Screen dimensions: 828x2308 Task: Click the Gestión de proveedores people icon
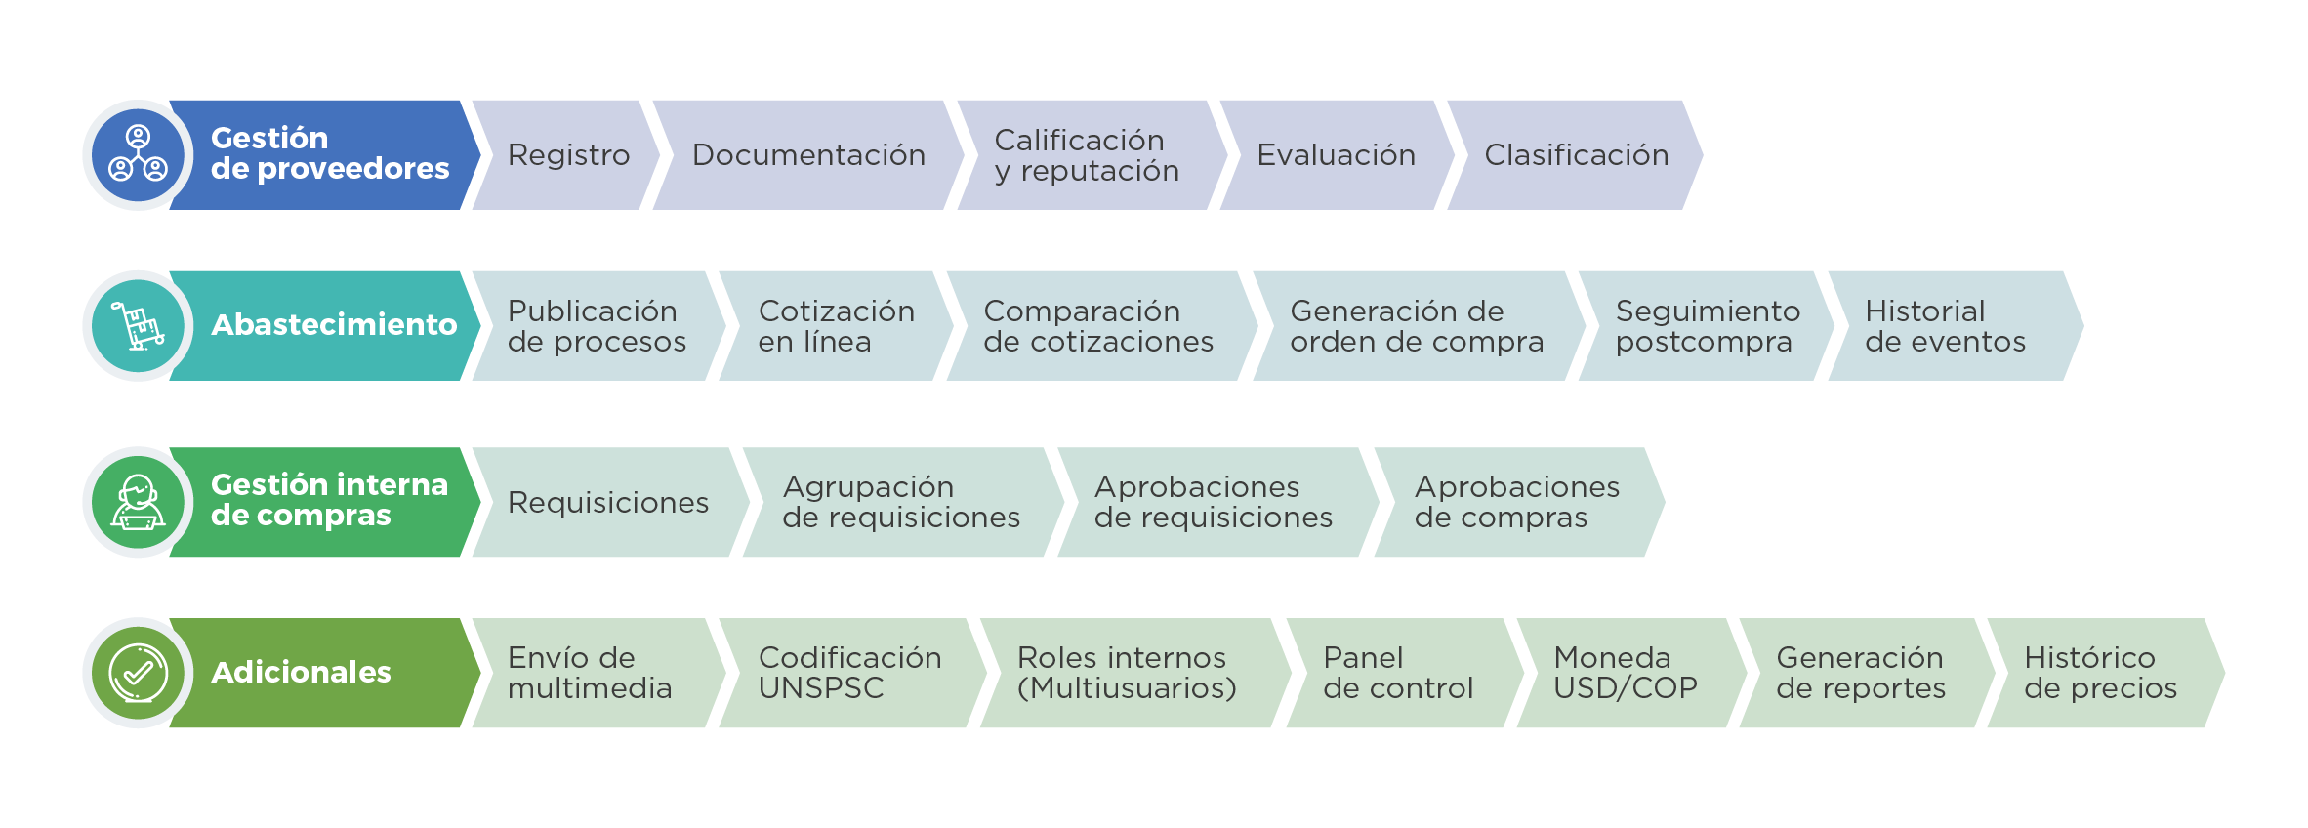click(x=138, y=155)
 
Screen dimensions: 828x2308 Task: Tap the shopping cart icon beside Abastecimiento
click(x=138, y=326)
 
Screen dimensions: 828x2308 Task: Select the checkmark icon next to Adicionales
click(x=138, y=673)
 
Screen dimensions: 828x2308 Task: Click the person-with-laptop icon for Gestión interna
click(x=138, y=502)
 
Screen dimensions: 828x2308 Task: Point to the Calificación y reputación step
click(x=1086, y=155)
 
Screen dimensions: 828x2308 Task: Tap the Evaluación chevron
click(x=1335, y=155)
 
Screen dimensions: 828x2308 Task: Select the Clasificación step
click(x=1575, y=155)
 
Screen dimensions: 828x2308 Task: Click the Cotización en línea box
click(x=835, y=326)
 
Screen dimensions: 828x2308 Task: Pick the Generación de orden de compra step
click(x=1416, y=326)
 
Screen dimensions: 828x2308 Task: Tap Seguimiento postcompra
click(x=1706, y=326)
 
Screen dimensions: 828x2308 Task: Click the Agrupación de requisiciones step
click(x=900, y=502)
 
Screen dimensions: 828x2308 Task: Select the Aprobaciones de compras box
click(x=1515, y=502)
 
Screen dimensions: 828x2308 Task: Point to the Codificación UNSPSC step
click(x=848, y=673)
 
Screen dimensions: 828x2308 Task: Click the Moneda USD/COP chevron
click(x=1625, y=673)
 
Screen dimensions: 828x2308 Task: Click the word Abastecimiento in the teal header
click(x=334, y=325)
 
